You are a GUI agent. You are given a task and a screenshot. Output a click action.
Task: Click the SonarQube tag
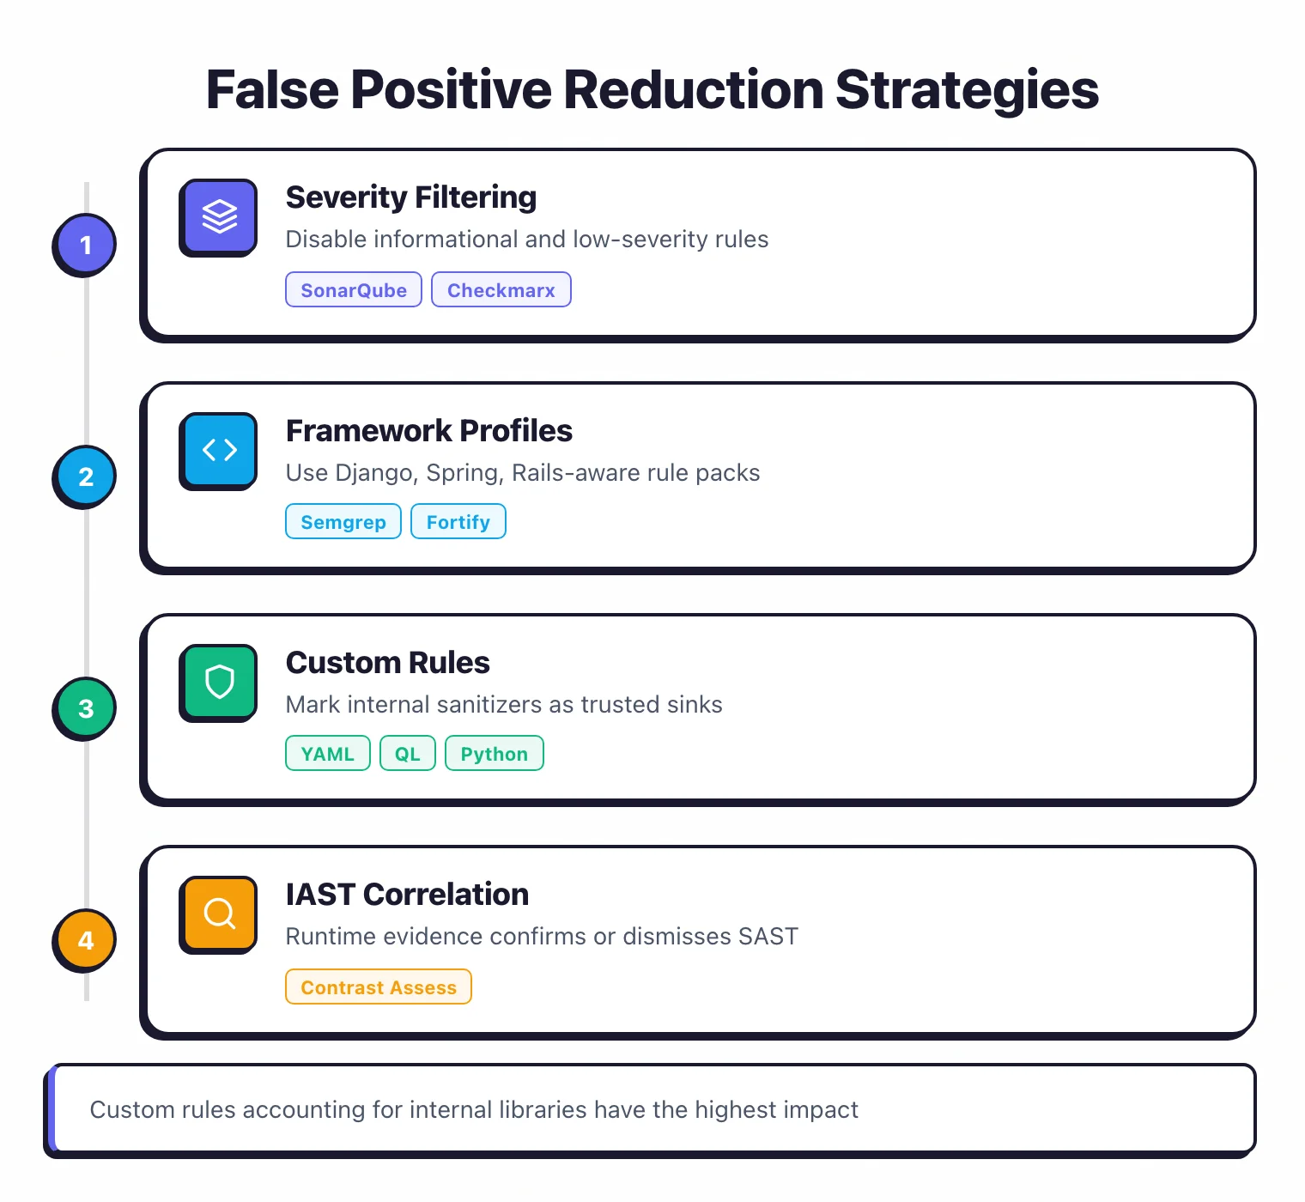point(354,290)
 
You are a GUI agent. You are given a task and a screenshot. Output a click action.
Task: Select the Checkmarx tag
point(501,290)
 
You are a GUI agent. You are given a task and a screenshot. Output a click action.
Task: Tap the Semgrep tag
point(343,522)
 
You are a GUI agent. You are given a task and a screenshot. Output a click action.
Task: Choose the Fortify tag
point(458,522)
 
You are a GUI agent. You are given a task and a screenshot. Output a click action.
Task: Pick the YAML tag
point(327,754)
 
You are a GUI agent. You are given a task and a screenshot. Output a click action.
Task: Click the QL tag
point(408,754)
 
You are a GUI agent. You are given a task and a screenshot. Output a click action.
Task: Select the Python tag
point(495,754)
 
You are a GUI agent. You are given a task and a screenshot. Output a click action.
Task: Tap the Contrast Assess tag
point(379,987)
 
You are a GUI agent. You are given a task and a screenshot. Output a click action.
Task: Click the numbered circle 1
point(85,245)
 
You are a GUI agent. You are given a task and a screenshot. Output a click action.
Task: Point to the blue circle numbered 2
point(85,477)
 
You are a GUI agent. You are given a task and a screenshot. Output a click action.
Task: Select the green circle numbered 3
point(85,708)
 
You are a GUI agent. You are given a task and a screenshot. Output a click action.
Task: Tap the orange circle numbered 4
point(85,940)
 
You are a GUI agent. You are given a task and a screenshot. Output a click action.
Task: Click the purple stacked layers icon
point(219,216)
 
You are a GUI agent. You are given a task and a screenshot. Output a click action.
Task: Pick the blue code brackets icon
point(219,449)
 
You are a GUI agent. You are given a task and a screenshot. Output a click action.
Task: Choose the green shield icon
point(219,682)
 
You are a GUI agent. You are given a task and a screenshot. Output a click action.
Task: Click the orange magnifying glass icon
point(219,914)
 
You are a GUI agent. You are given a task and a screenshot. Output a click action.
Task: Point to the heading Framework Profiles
point(429,431)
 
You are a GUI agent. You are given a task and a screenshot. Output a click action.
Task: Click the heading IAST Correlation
point(407,895)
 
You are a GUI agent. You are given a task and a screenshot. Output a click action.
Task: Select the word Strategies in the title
point(967,90)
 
